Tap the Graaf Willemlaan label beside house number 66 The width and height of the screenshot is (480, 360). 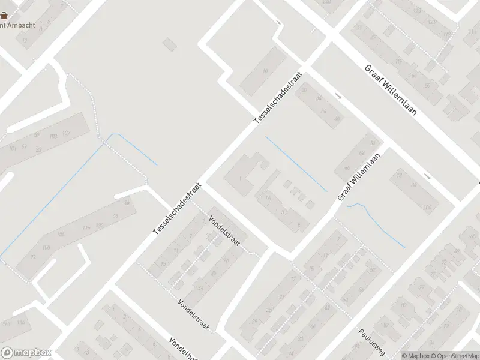[x=359, y=177]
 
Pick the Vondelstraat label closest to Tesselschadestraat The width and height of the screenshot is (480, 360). [x=224, y=230]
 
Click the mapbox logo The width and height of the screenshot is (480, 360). [x=26, y=353]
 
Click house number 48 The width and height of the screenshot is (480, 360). [x=337, y=119]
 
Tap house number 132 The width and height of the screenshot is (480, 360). [x=99, y=225]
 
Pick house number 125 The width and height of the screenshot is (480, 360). [x=432, y=22]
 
